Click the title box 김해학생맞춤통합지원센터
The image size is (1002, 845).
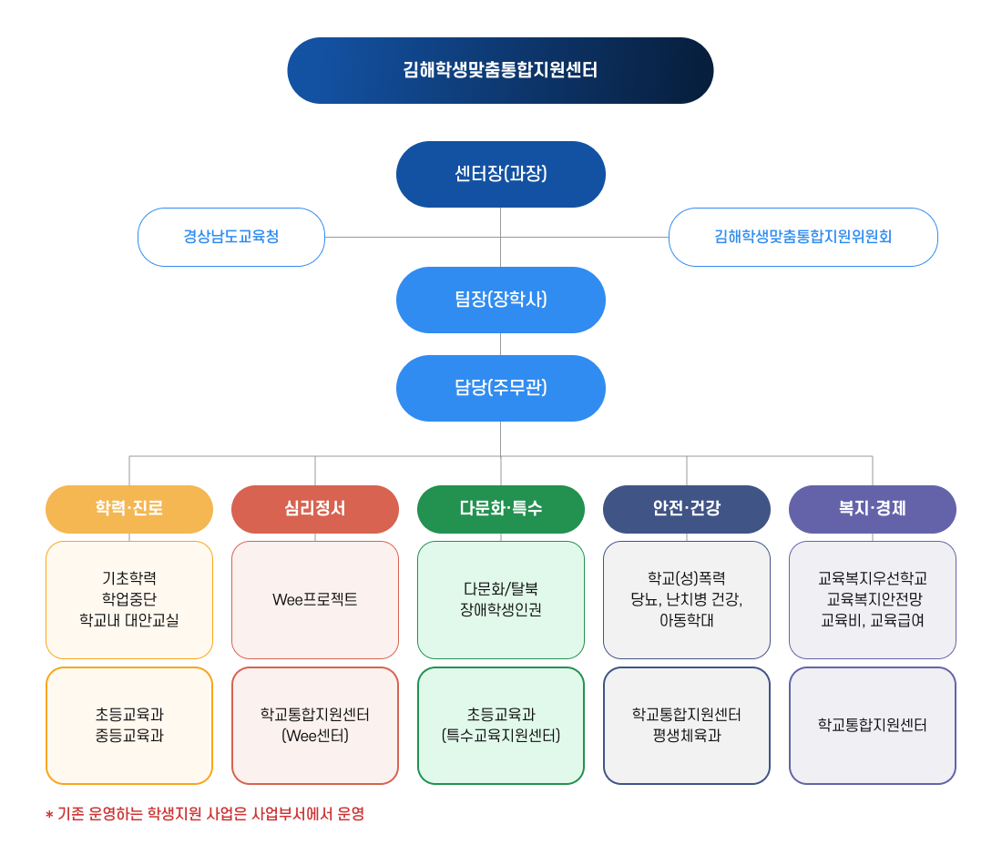coord(500,70)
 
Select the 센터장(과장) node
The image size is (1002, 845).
coord(500,174)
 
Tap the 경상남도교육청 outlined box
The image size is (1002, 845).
coord(230,237)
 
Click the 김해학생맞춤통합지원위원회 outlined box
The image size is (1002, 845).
coord(803,237)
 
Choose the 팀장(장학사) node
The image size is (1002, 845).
coord(500,300)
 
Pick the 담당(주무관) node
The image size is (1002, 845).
coord(500,388)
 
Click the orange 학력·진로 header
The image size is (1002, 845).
coord(129,509)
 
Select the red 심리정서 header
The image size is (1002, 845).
coord(315,509)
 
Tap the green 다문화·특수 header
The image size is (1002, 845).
coord(500,509)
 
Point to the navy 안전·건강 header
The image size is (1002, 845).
coord(686,509)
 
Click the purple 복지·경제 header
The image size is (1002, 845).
coord(872,509)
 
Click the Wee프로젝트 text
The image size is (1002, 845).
coord(315,600)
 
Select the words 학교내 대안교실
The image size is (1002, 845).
coord(129,621)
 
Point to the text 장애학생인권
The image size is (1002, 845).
coord(500,610)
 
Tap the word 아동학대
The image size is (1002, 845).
coord(686,621)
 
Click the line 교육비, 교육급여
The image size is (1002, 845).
coord(872,621)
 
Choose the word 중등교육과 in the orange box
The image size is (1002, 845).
coord(129,736)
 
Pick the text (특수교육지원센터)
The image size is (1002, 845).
coord(500,736)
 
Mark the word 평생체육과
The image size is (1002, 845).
coord(686,736)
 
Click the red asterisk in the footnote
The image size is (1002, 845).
coord(49,815)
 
